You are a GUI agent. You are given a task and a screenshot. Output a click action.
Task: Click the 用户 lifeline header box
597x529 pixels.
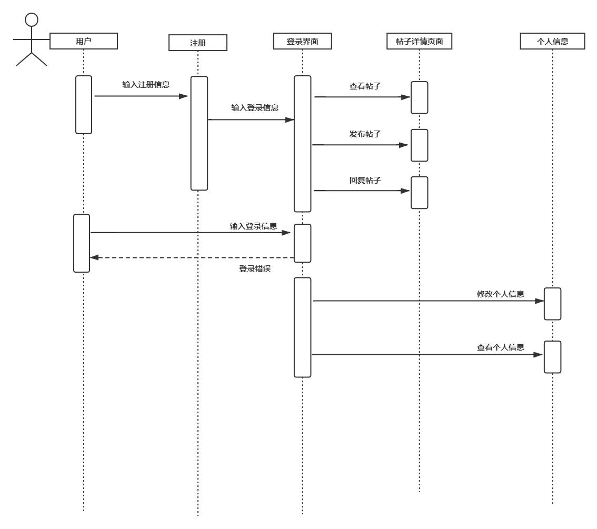[84, 41]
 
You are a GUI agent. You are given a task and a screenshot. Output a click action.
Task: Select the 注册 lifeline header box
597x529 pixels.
[198, 43]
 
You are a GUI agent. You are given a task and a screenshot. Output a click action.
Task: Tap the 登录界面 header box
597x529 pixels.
[302, 41]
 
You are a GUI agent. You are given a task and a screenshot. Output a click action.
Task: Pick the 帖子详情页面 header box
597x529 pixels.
[419, 41]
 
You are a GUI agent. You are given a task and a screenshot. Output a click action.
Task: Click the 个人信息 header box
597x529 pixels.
[552, 41]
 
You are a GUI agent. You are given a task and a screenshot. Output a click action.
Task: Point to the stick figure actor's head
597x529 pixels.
[32, 20]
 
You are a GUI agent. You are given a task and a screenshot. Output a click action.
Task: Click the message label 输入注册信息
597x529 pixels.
[146, 84]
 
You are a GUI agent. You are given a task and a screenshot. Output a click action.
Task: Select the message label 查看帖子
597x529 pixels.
[365, 86]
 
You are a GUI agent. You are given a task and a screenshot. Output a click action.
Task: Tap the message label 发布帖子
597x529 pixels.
[365, 134]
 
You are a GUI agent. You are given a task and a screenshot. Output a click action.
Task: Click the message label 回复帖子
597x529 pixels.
[365, 180]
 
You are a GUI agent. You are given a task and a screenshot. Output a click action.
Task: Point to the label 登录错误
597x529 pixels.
[255, 268]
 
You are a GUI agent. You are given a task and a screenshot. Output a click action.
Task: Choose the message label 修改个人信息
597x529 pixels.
[500, 294]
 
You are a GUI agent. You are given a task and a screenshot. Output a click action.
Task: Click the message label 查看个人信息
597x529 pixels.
[500, 347]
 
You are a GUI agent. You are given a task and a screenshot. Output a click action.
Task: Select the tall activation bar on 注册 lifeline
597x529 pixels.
[199, 133]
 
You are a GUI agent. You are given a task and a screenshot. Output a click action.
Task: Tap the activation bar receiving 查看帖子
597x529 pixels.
[419, 97]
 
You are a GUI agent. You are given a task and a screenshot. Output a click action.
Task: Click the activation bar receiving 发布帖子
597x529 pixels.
[419, 145]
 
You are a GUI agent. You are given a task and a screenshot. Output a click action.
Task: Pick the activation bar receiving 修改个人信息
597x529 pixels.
[552, 304]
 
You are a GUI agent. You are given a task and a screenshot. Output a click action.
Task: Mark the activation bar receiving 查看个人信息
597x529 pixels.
[552, 357]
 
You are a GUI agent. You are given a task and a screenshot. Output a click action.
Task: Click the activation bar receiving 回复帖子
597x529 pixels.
[419, 193]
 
